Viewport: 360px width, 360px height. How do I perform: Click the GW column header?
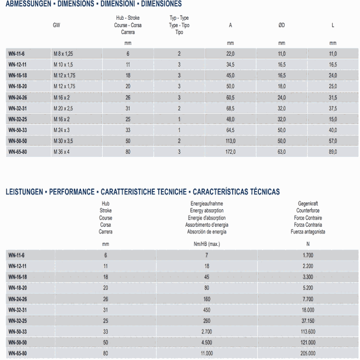(57, 25)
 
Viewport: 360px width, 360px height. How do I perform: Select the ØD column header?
(282, 25)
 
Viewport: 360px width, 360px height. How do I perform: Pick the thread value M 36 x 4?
(61, 152)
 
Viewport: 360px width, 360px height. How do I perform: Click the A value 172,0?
(230, 152)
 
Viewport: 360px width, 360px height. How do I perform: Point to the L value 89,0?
(333, 152)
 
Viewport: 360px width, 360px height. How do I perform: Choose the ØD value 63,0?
(282, 152)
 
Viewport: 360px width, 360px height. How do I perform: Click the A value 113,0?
(230, 141)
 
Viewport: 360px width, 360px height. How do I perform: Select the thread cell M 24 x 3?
(61, 130)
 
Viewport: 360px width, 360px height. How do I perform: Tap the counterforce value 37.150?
(308, 321)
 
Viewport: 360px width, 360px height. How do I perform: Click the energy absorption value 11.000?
(206, 354)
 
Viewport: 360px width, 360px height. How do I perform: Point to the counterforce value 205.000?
(308, 354)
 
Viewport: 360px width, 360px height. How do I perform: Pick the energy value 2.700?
(206, 332)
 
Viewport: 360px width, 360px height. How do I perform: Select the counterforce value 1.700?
(308, 255)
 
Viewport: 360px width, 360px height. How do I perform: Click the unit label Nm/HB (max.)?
(206, 244)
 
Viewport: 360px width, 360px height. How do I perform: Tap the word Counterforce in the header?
(308, 211)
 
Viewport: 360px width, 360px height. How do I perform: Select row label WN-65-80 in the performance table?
(18, 354)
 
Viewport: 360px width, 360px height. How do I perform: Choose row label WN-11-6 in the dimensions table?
(17, 54)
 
